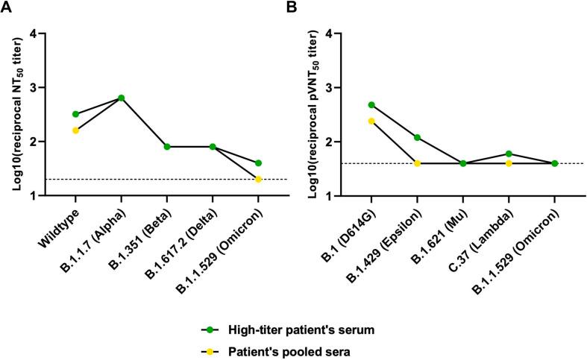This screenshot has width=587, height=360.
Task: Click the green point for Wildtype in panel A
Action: coord(76,114)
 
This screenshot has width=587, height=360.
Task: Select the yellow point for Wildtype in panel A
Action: coord(76,130)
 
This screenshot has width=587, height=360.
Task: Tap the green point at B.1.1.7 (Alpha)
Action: coord(121,98)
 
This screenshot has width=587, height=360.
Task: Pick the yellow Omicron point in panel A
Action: coord(258,179)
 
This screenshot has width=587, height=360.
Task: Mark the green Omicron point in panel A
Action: coord(258,162)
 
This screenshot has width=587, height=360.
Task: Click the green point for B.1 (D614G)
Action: coord(371,105)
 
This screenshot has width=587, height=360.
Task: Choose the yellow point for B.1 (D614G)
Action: coord(371,121)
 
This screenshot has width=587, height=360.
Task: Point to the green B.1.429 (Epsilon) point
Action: coord(417,137)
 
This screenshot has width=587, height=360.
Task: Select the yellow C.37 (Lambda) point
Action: coord(509,163)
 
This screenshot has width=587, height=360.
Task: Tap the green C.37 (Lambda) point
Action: coord(509,154)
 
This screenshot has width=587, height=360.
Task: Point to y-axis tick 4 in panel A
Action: coord(53,34)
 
